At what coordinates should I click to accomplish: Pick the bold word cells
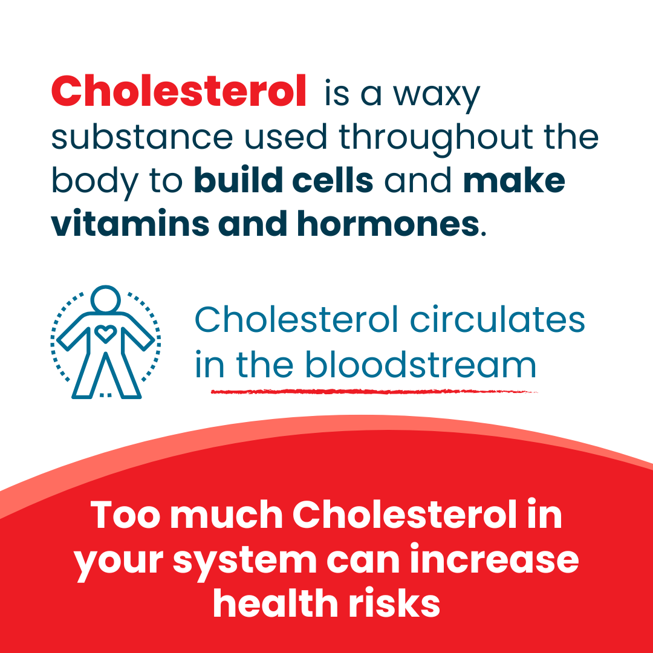(x=333, y=180)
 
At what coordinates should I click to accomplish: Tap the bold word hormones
(x=388, y=224)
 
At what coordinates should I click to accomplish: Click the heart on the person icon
(x=105, y=333)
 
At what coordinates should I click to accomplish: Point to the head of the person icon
(x=106, y=299)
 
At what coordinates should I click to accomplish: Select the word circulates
(x=498, y=320)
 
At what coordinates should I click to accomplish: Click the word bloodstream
(x=421, y=364)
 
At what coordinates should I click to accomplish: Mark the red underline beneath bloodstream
(x=374, y=391)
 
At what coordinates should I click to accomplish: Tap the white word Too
(x=125, y=515)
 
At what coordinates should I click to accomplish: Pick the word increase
(x=495, y=559)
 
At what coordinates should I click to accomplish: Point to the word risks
(x=394, y=603)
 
